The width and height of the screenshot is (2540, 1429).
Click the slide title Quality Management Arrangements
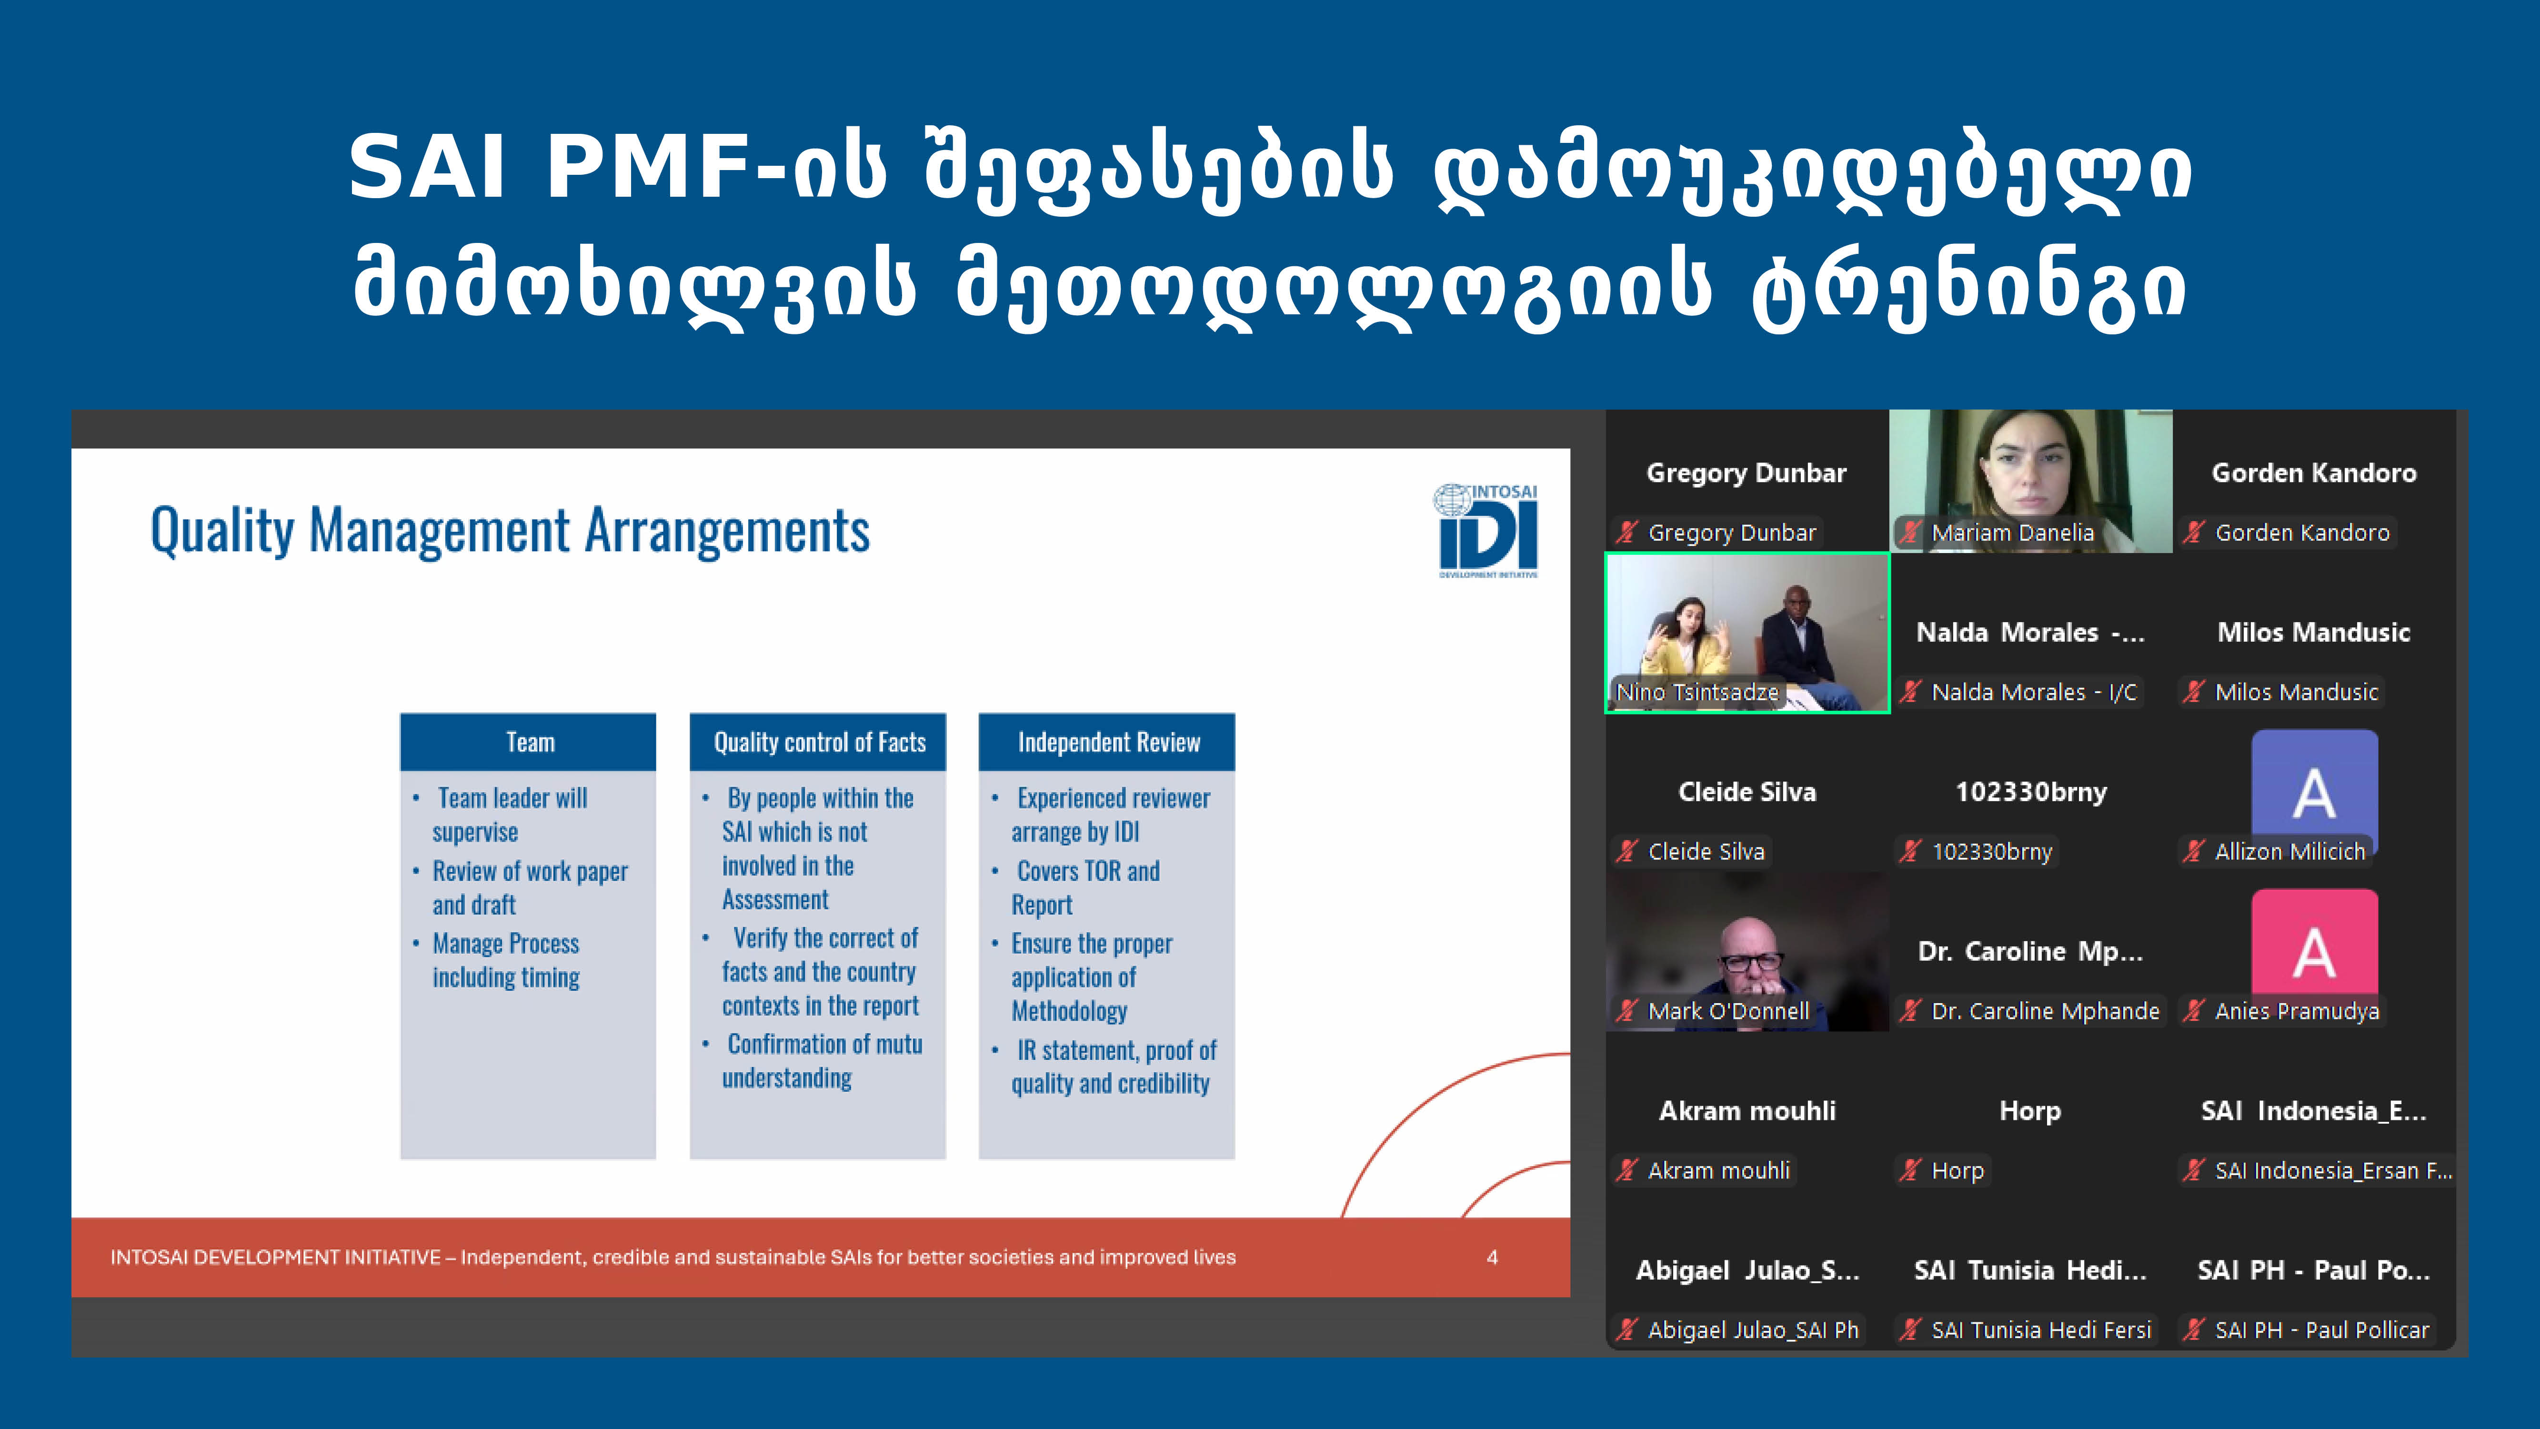click(510, 531)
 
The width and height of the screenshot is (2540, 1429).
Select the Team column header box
click(528, 742)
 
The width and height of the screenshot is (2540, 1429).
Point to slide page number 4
click(1492, 1258)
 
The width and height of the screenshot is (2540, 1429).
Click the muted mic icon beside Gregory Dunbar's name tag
click(1626, 533)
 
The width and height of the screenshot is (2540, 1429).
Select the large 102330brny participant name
click(2030, 792)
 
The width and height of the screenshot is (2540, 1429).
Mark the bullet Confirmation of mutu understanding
click(823, 1061)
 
